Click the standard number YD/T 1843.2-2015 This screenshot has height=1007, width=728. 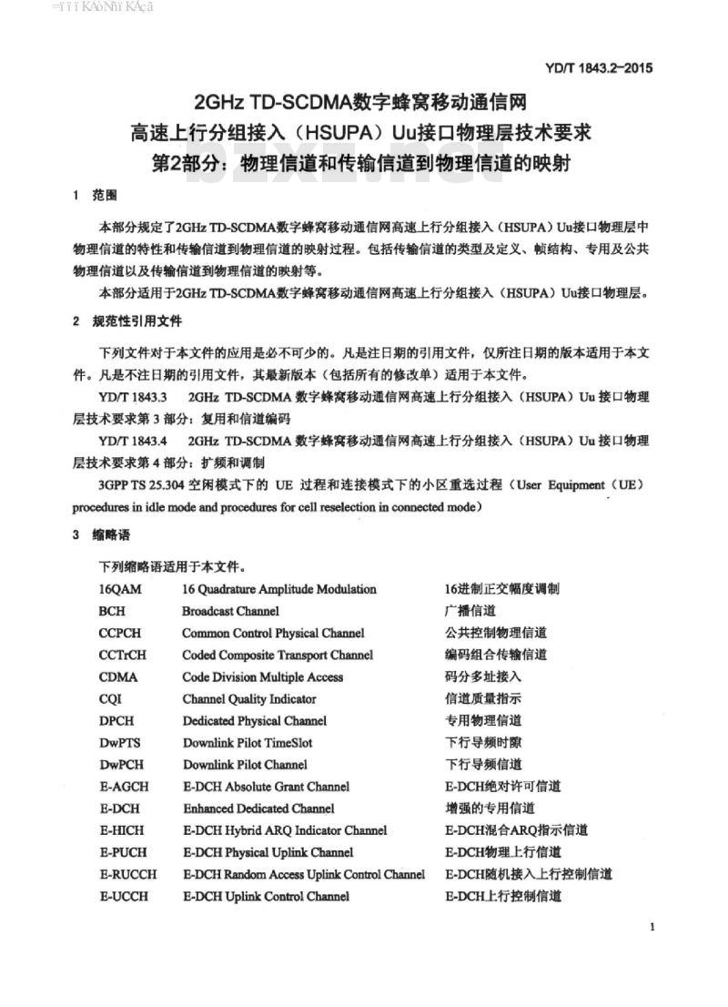599,67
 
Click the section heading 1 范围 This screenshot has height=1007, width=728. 93,196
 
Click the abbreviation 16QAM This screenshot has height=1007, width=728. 120,589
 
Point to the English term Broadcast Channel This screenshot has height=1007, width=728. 230,611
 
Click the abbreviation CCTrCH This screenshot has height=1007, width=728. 123,655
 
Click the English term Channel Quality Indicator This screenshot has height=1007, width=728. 249,698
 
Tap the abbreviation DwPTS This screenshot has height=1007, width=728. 120,742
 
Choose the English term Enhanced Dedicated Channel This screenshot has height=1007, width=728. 258,808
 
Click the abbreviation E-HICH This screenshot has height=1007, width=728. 122,829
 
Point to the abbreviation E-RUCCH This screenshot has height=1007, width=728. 127,874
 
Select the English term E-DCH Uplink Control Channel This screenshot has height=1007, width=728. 266,896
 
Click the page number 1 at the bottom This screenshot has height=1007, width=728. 654,927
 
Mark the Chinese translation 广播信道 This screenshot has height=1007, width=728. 470,611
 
